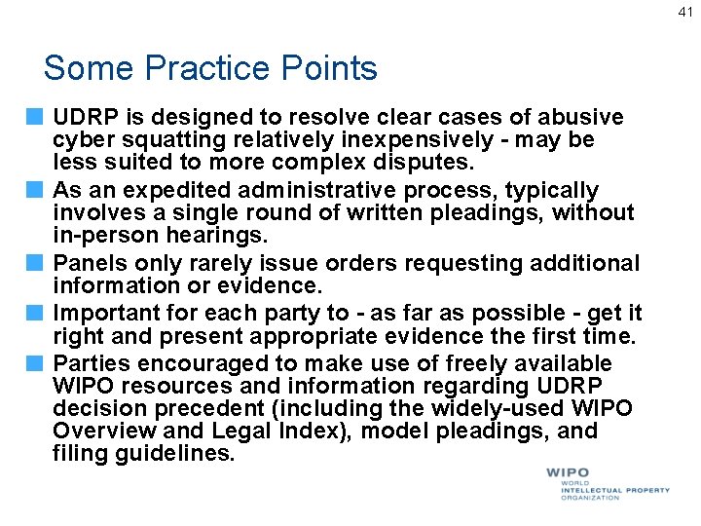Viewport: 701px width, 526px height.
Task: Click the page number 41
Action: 684,13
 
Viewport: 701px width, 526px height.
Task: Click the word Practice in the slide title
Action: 212,68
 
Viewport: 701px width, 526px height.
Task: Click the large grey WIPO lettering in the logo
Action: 568,473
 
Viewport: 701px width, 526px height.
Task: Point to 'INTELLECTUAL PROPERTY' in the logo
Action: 615,490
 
